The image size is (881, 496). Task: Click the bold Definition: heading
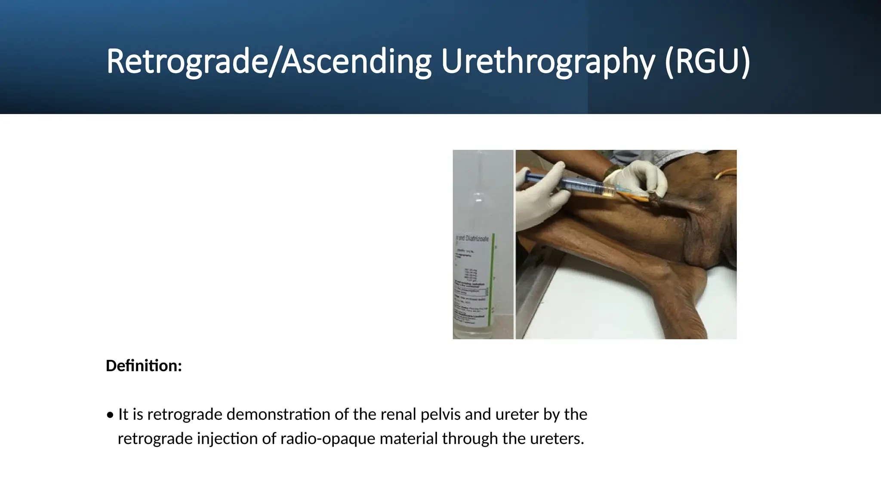point(144,366)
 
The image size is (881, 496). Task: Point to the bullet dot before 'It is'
point(111,415)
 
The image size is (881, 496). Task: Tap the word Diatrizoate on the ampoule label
point(477,239)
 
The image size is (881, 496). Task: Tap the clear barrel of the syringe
point(585,187)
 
